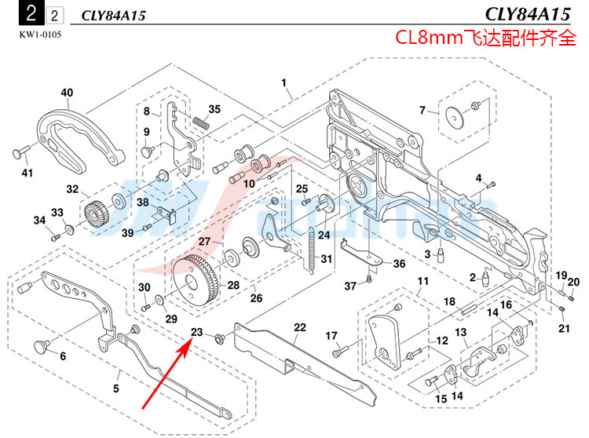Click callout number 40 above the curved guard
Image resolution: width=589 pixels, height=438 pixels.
pyautogui.click(x=67, y=93)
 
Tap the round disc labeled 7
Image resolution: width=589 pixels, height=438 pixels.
pyautogui.click(x=453, y=117)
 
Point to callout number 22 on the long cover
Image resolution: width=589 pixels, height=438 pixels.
pyautogui.click(x=299, y=327)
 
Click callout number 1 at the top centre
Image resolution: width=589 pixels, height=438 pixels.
pyautogui.click(x=284, y=82)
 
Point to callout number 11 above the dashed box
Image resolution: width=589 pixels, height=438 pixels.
pyautogui.click(x=423, y=281)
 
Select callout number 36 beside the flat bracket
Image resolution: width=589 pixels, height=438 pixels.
pyautogui.click(x=399, y=264)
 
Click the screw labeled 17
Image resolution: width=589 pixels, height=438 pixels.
pyautogui.click(x=338, y=353)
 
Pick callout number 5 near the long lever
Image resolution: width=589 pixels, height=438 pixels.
pyautogui.click(x=115, y=387)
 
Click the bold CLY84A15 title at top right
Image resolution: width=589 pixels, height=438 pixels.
pyautogui.click(x=529, y=14)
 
